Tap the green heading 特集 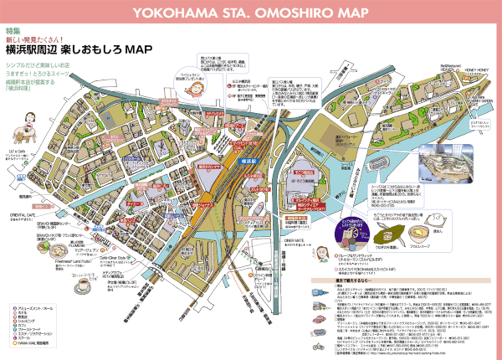[13, 30]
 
